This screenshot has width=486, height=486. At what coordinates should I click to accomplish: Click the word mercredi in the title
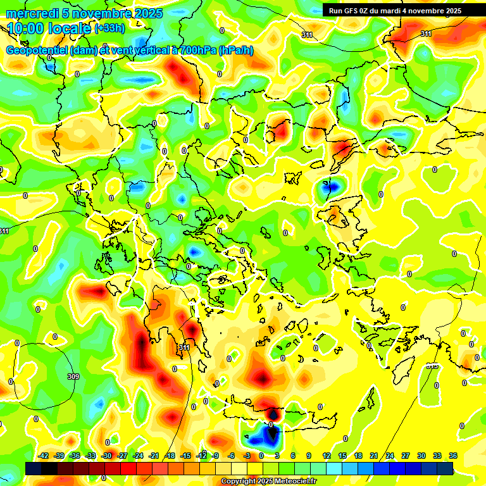click(29, 13)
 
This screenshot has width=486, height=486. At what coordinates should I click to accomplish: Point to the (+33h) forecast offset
click(109, 28)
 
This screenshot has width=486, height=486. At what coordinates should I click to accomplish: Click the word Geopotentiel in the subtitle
click(37, 50)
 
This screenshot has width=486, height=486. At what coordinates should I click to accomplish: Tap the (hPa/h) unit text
click(236, 50)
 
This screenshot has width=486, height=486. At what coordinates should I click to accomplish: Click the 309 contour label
click(73, 377)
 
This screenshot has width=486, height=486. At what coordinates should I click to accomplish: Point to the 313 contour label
click(432, 366)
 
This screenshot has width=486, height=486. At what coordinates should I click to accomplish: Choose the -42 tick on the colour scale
click(44, 456)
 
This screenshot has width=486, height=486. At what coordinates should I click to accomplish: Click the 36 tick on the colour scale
click(453, 456)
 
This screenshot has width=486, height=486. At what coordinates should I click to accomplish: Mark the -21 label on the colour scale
click(154, 456)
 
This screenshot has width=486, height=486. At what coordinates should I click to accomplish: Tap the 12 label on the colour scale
click(327, 456)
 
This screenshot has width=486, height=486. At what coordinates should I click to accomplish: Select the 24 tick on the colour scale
click(390, 456)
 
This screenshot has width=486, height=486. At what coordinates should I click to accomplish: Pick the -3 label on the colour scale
click(247, 456)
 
